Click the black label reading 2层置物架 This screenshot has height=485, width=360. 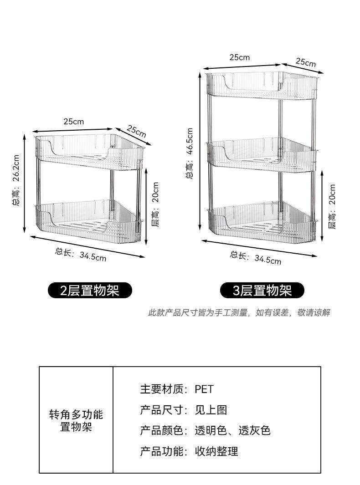[x=90, y=290]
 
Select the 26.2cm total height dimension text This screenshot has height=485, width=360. [x=16, y=181]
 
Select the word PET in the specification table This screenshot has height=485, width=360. [x=204, y=389]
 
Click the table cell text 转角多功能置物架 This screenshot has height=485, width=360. [x=76, y=421]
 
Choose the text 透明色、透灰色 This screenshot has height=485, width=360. [x=232, y=430]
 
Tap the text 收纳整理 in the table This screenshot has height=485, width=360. [x=216, y=451]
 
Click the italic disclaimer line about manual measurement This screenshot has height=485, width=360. [x=239, y=313]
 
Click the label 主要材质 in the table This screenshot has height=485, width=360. [x=164, y=389]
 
